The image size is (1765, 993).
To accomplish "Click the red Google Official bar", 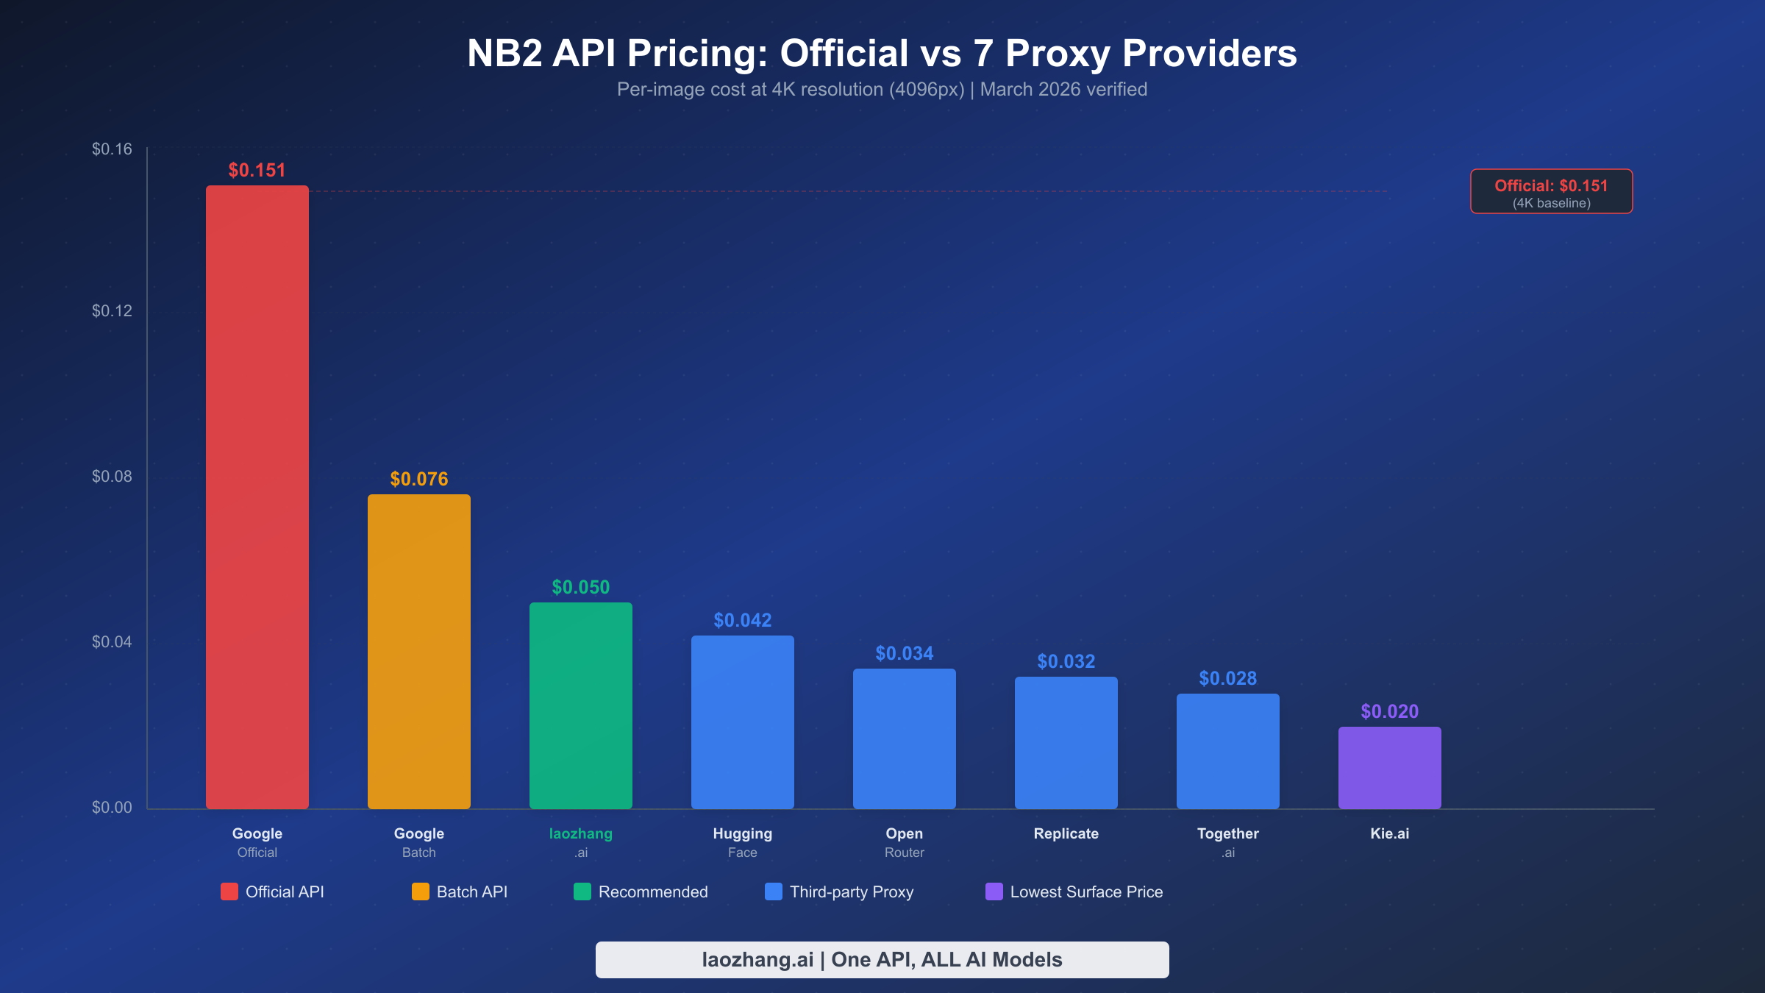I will pos(257,496).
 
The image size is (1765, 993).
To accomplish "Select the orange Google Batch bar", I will pos(418,651).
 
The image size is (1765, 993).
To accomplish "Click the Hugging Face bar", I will pos(742,722).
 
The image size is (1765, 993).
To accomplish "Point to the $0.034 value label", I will pos(904,653).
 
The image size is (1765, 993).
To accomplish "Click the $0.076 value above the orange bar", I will pos(418,479).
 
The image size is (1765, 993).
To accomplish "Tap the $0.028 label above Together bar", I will pos(1227,678).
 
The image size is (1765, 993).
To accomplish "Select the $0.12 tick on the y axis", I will pos(112,311).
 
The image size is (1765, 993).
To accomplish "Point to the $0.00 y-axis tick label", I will pos(112,808).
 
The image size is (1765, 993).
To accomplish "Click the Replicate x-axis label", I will pos(1066,833).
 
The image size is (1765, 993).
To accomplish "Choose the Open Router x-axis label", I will pos(904,842).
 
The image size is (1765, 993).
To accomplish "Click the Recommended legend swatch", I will pos(582,891).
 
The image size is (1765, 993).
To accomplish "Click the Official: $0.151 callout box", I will pos(1551,192).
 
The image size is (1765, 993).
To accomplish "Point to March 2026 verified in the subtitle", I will pos(1063,90).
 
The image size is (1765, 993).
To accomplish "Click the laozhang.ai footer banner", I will pos(882,959).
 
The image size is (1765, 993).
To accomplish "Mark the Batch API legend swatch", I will pos(420,891).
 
